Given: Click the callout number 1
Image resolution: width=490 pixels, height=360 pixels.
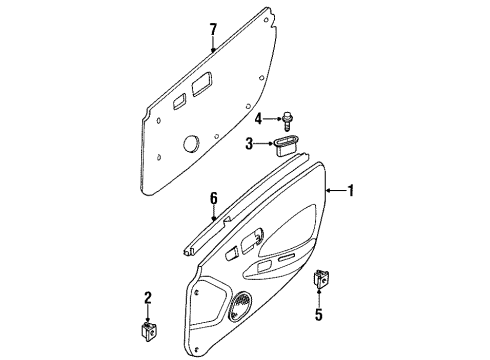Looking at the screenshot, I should (x=351, y=188).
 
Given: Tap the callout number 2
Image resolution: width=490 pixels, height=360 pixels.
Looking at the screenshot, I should (x=148, y=297).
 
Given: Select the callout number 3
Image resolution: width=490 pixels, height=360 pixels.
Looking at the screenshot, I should (x=250, y=145).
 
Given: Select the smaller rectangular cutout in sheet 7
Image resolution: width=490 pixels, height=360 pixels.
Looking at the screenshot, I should (x=179, y=100).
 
